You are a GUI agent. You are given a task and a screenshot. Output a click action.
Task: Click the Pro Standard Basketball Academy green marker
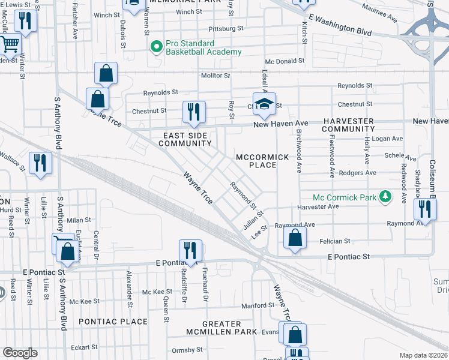point(157,46)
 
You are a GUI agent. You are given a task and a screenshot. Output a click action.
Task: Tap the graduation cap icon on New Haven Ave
point(264,104)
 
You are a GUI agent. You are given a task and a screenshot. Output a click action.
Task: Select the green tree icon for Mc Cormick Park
point(387,197)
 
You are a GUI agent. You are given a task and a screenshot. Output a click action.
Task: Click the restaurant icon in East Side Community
point(194,112)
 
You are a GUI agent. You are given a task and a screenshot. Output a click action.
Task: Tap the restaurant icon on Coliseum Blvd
point(425,210)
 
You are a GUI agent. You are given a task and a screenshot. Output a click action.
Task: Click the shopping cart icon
point(10,44)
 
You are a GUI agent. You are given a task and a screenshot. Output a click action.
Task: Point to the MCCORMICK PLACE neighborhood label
point(262,161)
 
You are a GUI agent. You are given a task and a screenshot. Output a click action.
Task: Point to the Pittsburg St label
point(224,28)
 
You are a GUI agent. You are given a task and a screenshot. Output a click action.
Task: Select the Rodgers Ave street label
point(357,173)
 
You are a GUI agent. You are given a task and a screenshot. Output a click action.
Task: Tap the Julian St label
point(254,218)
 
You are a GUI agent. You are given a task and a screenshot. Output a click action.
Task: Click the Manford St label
point(258,305)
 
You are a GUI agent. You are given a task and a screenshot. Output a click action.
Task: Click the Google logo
point(20,352)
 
